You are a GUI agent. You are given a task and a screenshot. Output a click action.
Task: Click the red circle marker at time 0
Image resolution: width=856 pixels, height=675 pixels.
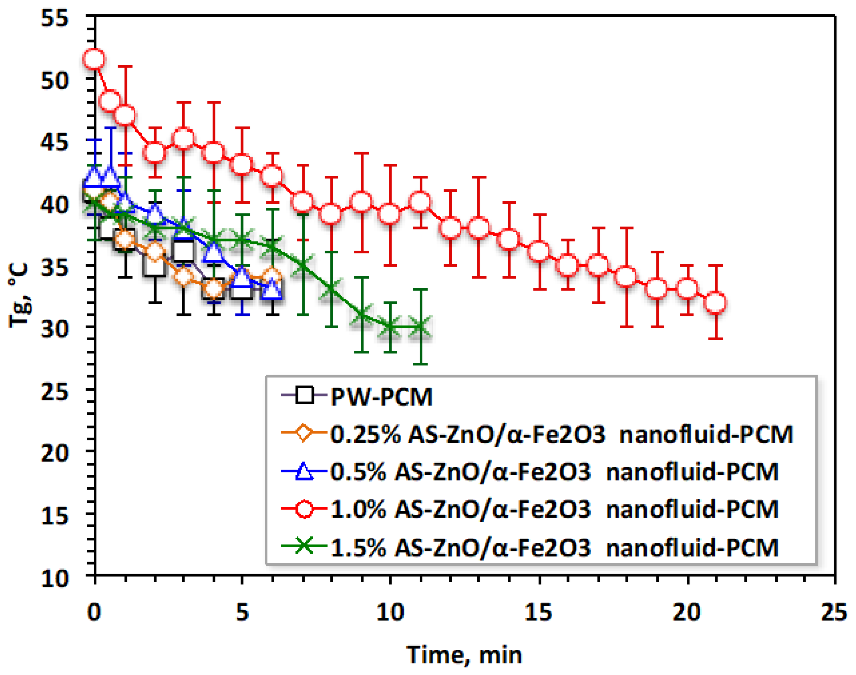coord(94,59)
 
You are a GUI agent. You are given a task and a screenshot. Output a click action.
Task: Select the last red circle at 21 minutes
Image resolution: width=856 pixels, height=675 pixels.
coord(715,303)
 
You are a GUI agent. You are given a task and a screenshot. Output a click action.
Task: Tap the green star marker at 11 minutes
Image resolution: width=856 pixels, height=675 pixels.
coord(420,327)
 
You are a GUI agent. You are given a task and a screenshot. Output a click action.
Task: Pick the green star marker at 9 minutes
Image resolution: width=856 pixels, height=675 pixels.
coord(361,315)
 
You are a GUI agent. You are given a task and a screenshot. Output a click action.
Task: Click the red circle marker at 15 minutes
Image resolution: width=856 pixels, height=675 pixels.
coord(539,251)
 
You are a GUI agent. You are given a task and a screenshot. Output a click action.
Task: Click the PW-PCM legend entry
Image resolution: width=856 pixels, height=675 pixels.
coord(381,397)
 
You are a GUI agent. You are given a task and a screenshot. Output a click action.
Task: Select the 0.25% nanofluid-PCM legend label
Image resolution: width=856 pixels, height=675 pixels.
coord(561,435)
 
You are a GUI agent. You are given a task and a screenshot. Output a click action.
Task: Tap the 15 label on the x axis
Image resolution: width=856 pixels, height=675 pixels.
coord(538,613)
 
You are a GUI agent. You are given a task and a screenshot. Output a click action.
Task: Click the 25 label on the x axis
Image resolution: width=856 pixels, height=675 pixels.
coord(834,613)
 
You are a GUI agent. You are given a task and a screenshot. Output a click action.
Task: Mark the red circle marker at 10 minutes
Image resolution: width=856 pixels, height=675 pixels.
coord(390,214)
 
